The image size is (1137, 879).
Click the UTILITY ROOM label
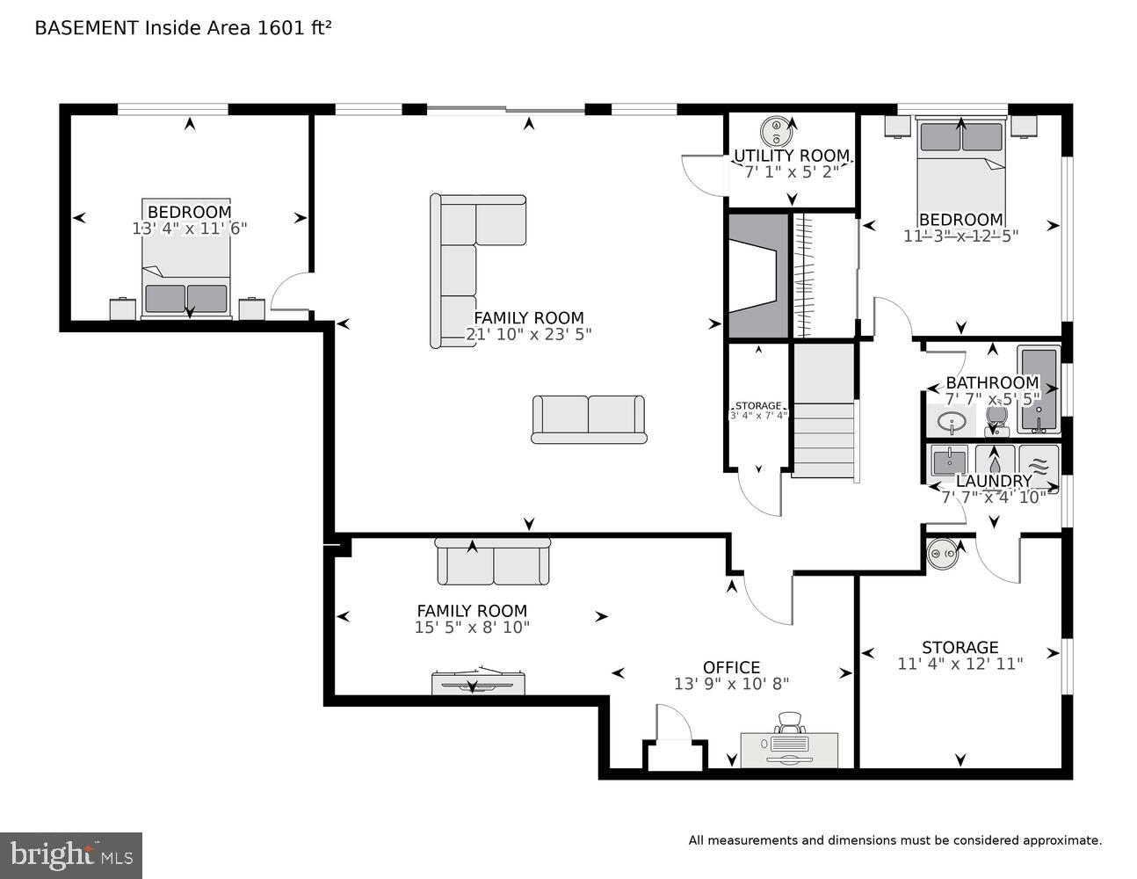tap(792, 156)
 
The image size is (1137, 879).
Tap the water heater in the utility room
tap(777, 131)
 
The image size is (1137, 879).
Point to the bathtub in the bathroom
tap(1039, 389)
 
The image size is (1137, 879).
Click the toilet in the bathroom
tap(996, 419)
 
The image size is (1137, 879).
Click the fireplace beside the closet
tap(755, 275)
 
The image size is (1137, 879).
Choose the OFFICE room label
tap(731, 667)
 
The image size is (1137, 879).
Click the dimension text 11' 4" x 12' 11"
tap(960, 664)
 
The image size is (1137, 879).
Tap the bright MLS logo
tap(71, 854)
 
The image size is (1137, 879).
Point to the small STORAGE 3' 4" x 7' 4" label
tap(757, 410)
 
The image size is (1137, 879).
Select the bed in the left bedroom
tap(185, 259)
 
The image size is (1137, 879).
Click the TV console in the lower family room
tap(479, 682)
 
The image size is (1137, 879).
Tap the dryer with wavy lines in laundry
tap(1039, 466)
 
